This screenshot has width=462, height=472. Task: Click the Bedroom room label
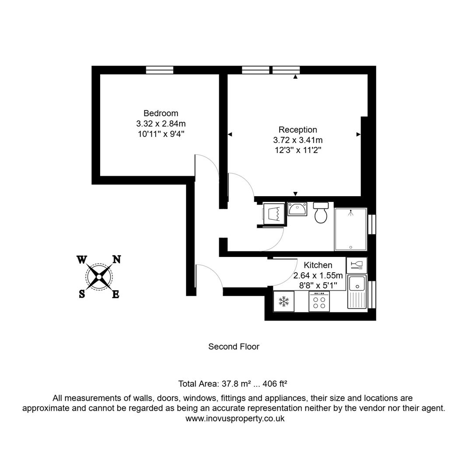click(x=161, y=113)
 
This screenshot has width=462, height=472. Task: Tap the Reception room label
click(x=297, y=130)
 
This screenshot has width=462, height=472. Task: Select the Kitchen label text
click(x=318, y=265)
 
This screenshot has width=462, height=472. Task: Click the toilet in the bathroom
click(x=321, y=213)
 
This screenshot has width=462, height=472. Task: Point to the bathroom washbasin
click(x=297, y=209)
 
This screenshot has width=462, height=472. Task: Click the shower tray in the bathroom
click(x=351, y=229)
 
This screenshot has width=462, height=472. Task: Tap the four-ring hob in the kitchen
click(x=319, y=301)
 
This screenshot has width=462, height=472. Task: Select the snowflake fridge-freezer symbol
click(x=284, y=301)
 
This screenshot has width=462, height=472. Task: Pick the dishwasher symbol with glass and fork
click(x=357, y=265)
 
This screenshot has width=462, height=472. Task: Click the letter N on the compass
click(x=117, y=259)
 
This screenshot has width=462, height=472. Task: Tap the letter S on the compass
click(x=82, y=294)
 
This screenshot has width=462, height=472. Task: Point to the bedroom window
click(x=159, y=70)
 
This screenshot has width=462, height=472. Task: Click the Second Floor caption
click(x=234, y=347)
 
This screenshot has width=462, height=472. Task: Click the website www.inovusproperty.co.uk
click(x=235, y=418)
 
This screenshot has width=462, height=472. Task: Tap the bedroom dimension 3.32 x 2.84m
click(x=161, y=124)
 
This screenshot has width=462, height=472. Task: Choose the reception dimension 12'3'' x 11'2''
click(x=297, y=150)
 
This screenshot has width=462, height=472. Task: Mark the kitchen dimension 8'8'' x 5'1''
click(x=318, y=285)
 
